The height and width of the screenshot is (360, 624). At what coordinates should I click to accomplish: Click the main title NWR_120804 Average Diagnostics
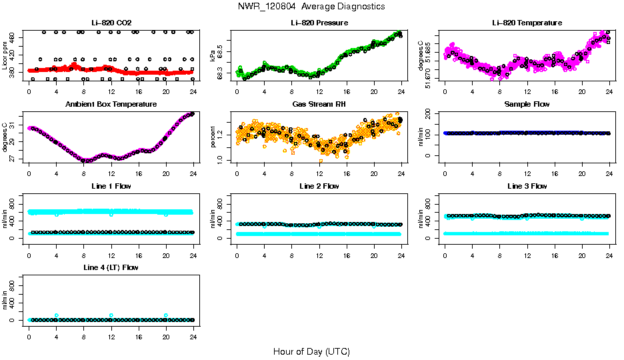311,7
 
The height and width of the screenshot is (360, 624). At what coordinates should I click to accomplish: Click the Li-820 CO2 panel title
111,23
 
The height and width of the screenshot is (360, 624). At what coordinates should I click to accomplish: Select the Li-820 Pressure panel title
319,23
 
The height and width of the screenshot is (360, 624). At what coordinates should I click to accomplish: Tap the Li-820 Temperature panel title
527,23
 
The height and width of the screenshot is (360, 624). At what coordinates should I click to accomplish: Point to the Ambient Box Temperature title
111,104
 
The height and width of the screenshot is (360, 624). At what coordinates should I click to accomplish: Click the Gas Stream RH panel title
319,104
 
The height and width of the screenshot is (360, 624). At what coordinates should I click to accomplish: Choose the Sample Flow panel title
527,104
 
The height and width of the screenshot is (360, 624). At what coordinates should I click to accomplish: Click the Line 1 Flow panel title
111,186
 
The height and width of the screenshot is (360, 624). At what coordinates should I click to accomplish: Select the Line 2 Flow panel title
319,186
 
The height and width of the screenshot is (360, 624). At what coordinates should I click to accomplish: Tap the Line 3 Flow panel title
527,186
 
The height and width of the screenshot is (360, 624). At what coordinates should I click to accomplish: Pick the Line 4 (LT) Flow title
111,267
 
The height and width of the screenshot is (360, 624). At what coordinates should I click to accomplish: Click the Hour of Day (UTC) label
311,351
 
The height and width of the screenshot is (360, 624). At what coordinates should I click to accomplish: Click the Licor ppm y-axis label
5,55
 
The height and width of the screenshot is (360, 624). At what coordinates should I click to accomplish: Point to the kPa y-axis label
213,55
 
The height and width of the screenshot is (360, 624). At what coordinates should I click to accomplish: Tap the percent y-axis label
213,137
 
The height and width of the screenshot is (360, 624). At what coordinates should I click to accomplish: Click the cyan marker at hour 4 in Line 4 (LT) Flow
57,315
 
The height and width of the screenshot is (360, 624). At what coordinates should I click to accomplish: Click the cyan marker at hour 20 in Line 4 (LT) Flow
166,315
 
